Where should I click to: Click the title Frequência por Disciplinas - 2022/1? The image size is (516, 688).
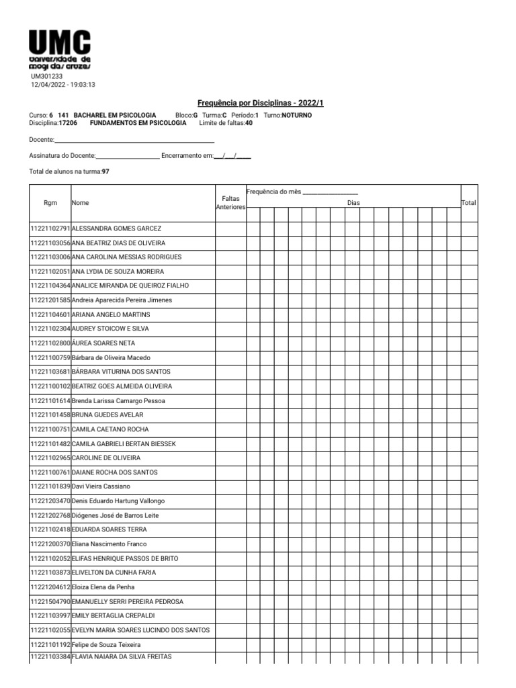point(255,103)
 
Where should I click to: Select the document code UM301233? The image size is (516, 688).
point(47,77)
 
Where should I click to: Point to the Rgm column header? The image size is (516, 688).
point(50,202)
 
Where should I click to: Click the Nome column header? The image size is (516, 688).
point(80,202)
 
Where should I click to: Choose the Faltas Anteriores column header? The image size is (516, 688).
point(230,202)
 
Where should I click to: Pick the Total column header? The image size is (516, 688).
point(468,202)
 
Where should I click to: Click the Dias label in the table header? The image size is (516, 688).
point(353,202)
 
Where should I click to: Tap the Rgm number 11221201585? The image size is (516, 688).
point(50,300)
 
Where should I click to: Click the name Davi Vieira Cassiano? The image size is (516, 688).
point(101,486)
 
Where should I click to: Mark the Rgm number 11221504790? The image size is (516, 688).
point(50,602)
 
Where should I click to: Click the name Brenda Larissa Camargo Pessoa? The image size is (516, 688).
point(118,401)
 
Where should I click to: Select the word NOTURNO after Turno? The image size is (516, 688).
point(297,116)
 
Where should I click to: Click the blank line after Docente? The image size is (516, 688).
point(134,140)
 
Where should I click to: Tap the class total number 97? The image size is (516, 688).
point(105,172)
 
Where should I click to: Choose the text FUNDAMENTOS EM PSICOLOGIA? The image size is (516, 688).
point(138,123)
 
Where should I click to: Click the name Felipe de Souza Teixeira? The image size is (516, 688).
point(106,645)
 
